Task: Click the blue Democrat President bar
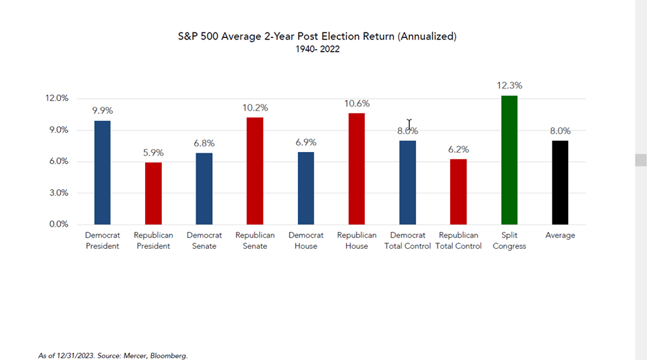(102, 173)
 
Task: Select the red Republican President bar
(153, 193)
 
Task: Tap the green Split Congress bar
(509, 160)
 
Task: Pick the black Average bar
(560, 182)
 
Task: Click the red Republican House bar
(357, 169)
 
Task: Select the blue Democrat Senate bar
(204, 189)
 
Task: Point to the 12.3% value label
(509, 86)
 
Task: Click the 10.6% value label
(357, 104)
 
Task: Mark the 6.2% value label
(458, 149)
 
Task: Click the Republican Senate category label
(255, 240)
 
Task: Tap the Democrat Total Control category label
(408, 240)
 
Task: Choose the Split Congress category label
(509, 240)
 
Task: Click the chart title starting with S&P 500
(317, 36)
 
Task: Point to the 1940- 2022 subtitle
(317, 49)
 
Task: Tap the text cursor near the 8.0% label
(409, 125)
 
